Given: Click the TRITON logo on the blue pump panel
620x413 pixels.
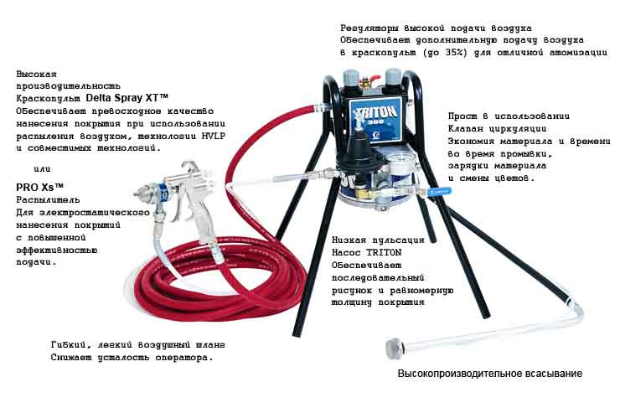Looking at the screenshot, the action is (x=375, y=111).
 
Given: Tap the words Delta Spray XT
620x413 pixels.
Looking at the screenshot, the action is (x=127, y=98).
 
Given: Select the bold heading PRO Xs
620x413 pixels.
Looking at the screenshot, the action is (x=39, y=187).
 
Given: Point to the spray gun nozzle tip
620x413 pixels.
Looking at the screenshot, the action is (x=137, y=193).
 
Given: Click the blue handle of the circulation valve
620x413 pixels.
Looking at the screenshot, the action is (x=439, y=192).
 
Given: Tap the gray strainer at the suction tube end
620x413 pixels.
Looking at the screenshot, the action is (x=394, y=348).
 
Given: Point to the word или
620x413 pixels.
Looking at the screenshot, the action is (x=42, y=169).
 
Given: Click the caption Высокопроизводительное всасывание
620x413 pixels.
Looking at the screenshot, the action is (x=489, y=374).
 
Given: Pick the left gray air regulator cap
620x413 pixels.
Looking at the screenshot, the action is (x=351, y=79).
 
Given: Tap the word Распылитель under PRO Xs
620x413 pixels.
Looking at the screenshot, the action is (x=48, y=200).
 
